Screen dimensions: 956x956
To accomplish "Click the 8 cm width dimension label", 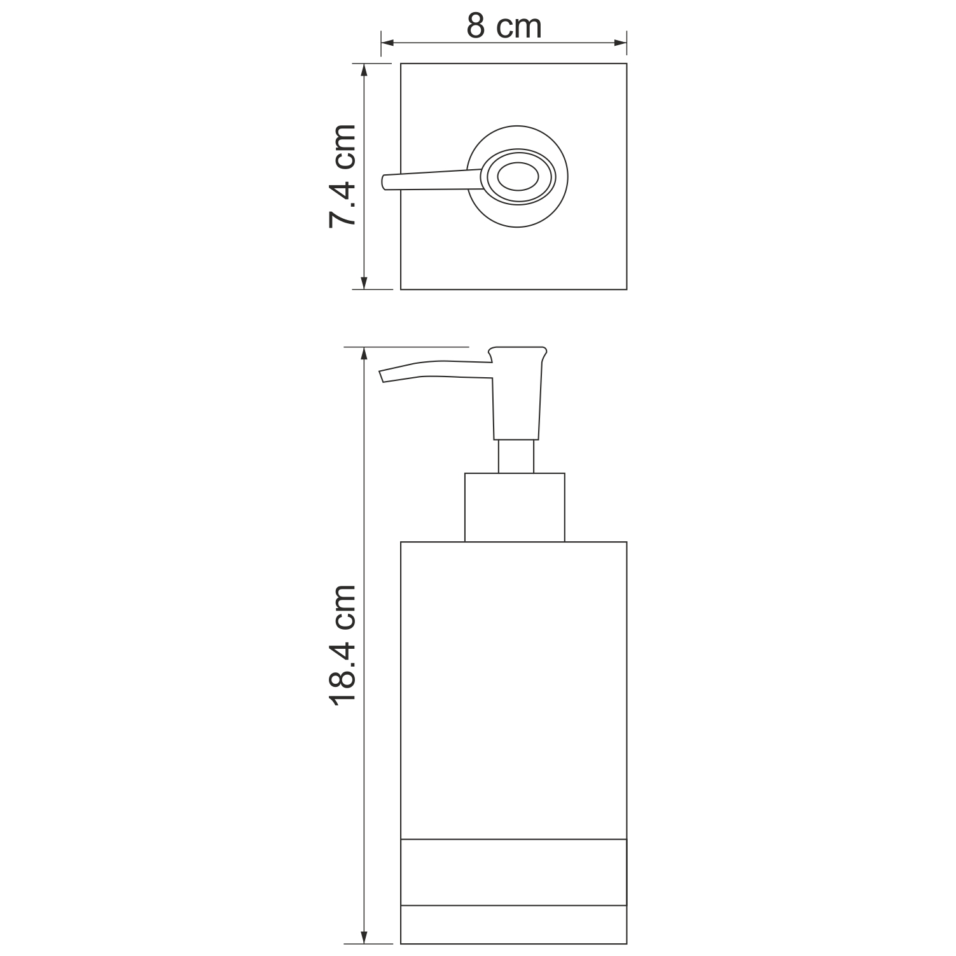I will [504, 27].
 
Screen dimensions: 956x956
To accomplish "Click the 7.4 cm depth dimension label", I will [342, 176].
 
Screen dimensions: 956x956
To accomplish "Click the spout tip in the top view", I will [384, 183].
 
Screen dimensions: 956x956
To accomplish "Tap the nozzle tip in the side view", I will [382, 377].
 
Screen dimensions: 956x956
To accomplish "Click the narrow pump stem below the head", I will [516, 456].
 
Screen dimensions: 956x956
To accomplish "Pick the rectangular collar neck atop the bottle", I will [515, 507].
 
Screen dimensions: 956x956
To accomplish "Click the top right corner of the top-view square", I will [627, 64].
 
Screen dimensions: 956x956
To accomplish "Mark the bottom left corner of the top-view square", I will [401, 289].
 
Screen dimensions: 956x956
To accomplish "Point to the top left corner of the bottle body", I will [401, 542].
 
